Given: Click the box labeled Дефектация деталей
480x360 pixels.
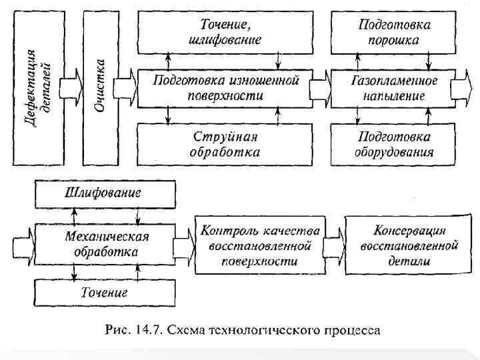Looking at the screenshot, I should pyautogui.click(x=39, y=89).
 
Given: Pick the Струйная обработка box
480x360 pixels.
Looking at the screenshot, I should pyautogui.click(x=225, y=143).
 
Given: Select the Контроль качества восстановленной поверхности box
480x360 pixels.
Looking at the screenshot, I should pyautogui.click(x=260, y=244).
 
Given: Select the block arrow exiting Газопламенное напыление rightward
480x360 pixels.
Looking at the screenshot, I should pyautogui.click(x=459, y=88).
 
